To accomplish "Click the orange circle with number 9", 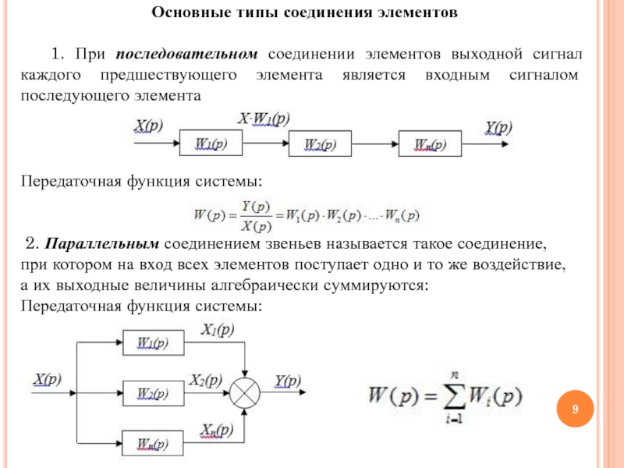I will tap(575, 409).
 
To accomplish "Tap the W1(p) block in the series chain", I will tap(211, 144).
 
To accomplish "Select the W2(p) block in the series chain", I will tap(320, 144).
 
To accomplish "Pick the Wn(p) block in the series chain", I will tap(430, 144).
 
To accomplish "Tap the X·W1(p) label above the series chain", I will tap(263, 119).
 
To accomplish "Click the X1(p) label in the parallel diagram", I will tap(218, 329).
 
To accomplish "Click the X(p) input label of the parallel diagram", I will tap(47, 379).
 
